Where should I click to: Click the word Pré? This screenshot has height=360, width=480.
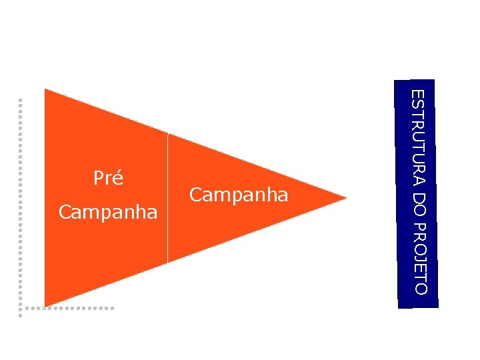click(108, 179)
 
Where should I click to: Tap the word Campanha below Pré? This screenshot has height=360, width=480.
click(108, 213)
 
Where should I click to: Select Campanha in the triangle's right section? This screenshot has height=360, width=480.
click(239, 195)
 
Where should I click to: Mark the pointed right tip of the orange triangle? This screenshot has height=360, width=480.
click(345, 197)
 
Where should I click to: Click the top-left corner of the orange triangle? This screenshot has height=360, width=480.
click(45, 90)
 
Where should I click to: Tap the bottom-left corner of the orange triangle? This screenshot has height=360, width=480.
click(45, 305)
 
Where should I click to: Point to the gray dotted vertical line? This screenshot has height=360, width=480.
click(21, 200)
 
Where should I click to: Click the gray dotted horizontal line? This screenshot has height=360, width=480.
click(67, 308)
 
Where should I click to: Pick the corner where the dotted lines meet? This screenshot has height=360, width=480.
click(21, 308)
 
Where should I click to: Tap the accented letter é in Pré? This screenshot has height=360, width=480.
click(119, 179)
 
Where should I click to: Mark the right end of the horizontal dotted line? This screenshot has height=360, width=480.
click(113, 308)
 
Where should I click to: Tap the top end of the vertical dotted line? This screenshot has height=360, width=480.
click(21, 101)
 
